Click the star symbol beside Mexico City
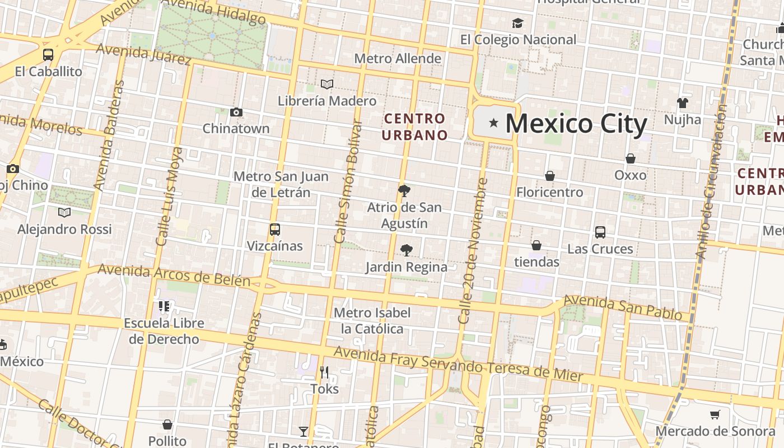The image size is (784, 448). [493, 123]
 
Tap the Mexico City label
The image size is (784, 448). [576, 124]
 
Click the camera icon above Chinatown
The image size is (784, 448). [236, 113]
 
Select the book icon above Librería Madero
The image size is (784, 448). [327, 85]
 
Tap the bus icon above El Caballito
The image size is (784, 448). [48, 55]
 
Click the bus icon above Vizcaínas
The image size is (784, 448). [274, 230]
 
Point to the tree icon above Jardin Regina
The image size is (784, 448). [407, 250]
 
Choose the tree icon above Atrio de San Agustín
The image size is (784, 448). [404, 191]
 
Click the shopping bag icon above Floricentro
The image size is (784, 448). [550, 176]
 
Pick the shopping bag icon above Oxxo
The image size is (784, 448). [631, 158]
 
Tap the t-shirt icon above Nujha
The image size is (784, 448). [682, 103]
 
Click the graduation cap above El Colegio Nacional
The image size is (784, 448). [518, 24]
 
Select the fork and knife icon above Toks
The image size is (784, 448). [324, 372]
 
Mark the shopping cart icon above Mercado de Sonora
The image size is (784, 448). [715, 415]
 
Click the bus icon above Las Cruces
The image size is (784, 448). [600, 232]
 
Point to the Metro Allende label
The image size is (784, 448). [398, 59]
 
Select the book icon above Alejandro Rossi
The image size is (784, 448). [64, 213]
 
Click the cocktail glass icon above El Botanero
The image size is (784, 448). [304, 431]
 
